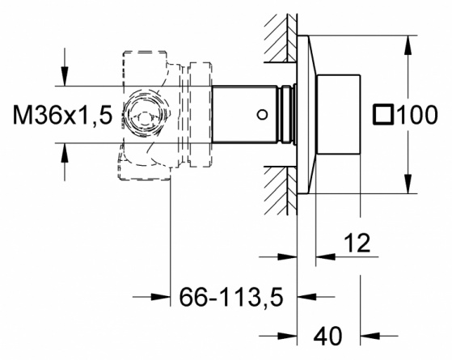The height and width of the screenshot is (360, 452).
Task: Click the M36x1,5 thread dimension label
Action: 62,115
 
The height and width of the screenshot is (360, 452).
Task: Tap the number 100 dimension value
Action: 417,115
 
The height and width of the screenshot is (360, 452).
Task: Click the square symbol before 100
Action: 383,115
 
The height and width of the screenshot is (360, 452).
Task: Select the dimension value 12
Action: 357,243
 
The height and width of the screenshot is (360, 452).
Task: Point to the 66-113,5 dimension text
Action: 231,297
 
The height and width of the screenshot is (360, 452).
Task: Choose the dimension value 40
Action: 327,336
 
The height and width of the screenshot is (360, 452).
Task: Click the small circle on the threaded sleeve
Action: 262,115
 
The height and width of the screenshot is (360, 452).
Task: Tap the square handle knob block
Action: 338,115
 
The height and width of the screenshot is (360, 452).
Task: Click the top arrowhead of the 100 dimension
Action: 408,45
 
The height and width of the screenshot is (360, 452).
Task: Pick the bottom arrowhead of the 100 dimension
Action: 408,184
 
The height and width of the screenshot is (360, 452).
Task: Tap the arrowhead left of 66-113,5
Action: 161,297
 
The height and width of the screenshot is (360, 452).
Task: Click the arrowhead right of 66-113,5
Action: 307,297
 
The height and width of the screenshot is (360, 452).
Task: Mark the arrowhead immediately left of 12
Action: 325,256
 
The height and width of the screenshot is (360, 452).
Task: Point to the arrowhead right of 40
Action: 370,336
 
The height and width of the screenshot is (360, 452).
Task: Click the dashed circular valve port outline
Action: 146,115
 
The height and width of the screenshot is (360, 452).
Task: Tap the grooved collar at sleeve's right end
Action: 287,114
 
